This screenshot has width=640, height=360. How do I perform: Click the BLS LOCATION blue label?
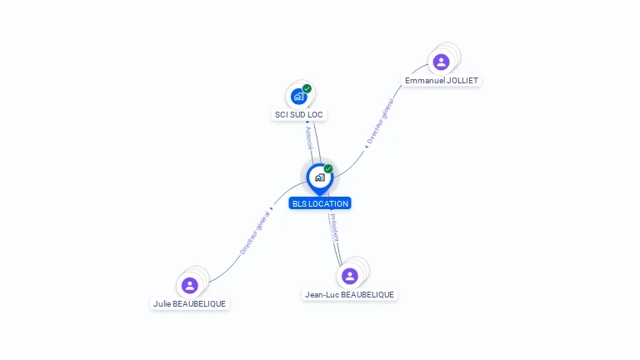[320, 203]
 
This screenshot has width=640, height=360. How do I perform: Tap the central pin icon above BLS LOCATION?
[319, 177]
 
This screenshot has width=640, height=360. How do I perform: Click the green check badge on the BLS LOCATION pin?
[328, 169]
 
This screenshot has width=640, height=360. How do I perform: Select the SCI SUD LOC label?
[298, 114]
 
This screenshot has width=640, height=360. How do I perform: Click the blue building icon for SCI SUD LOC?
[298, 96]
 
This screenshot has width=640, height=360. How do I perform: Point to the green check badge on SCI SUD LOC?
[307, 88]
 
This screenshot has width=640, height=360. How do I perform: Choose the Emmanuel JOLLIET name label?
[442, 81]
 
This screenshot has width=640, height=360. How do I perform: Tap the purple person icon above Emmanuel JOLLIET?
[441, 62]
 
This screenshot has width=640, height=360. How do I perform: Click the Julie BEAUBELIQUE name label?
[189, 304]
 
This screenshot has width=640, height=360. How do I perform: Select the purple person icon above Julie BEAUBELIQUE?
[189, 285]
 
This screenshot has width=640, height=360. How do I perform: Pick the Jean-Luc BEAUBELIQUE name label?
[349, 295]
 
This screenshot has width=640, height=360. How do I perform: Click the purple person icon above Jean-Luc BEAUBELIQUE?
[349, 276]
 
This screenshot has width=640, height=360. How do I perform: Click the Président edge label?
[334, 227]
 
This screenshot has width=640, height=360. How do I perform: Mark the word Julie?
[162, 304]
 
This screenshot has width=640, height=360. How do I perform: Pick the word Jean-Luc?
[321, 295]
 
